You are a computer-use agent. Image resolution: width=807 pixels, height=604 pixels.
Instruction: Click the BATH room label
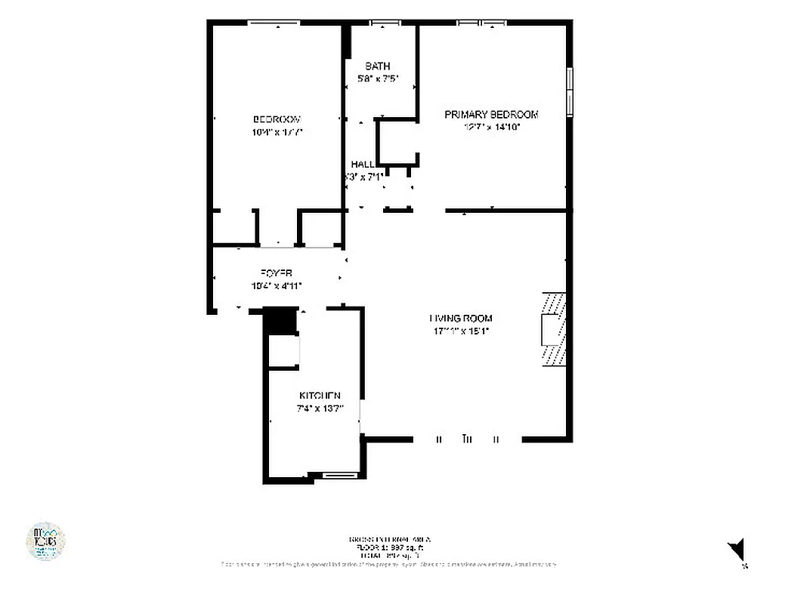pyautogui.click(x=377, y=66)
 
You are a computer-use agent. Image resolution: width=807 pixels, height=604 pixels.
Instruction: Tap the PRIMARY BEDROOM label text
pyautogui.click(x=491, y=114)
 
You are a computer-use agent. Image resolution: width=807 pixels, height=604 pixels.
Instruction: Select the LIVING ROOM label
pyautogui.click(x=461, y=319)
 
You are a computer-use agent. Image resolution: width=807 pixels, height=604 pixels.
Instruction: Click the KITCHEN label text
pyautogui.click(x=320, y=396)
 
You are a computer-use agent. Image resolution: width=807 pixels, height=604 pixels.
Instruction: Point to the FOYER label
pyautogui.click(x=277, y=273)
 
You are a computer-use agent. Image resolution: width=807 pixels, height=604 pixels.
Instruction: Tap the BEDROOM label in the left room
pyautogui.click(x=277, y=119)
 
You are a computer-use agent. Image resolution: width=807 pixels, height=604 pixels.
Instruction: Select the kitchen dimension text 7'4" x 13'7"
pyautogui.click(x=320, y=408)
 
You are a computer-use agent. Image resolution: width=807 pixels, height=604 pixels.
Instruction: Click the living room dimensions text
pyautogui.click(x=461, y=331)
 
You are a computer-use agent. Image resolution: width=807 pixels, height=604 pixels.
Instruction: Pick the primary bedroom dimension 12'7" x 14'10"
pyautogui.click(x=491, y=127)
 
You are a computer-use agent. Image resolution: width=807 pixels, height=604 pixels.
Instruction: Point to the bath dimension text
pyautogui.click(x=377, y=79)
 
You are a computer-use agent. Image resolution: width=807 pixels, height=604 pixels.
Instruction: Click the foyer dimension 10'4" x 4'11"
pyautogui.click(x=277, y=285)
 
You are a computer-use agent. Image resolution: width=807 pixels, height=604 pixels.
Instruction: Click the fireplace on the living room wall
pyautogui.click(x=553, y=329)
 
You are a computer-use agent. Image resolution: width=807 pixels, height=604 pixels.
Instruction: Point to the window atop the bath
pyautogui.click(x=385, y=23)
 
